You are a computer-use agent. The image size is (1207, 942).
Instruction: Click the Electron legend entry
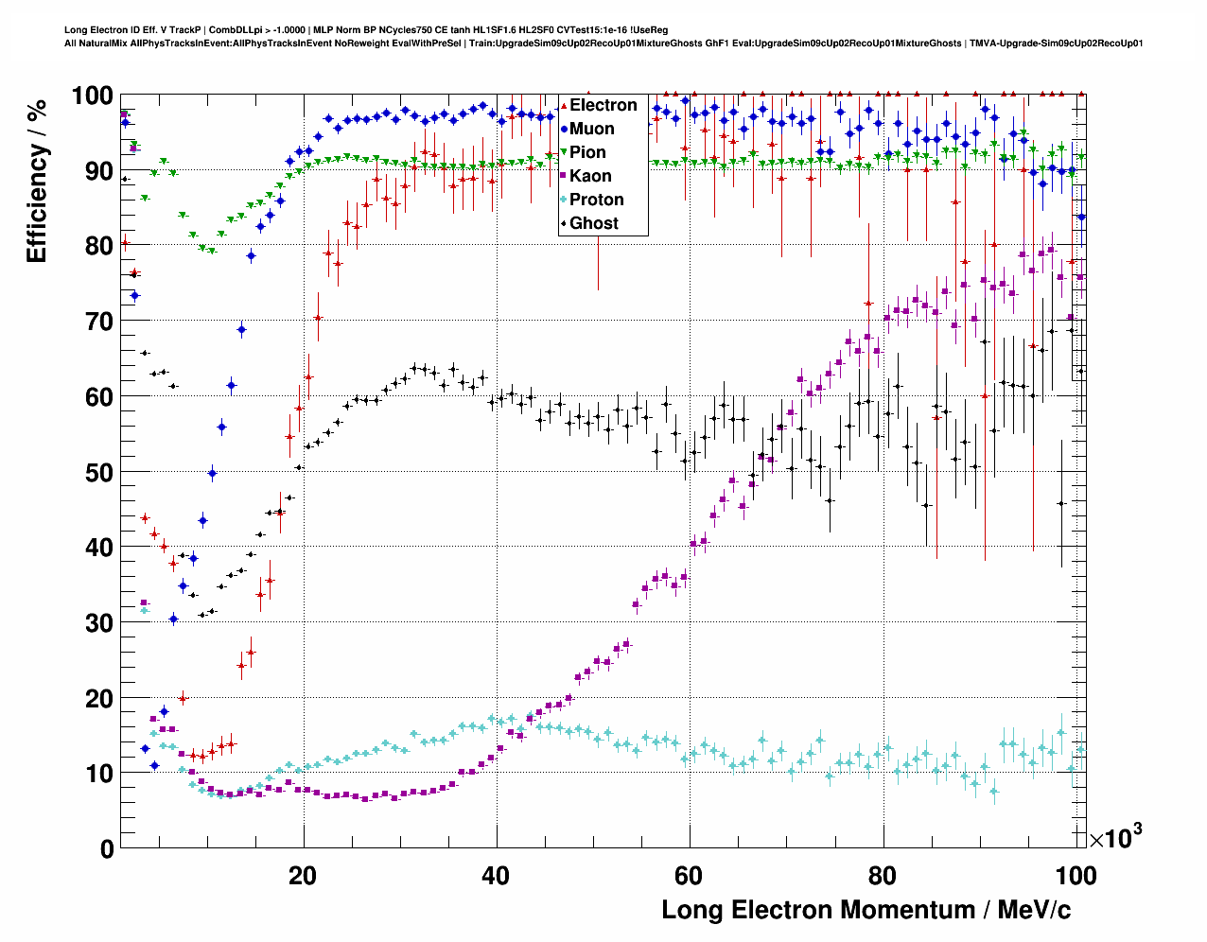603,105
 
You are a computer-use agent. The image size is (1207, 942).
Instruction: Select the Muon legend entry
591,129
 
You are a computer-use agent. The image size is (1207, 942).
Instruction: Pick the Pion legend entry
587,152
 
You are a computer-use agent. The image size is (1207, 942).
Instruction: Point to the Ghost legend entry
593,223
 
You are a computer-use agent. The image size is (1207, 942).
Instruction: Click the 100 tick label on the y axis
92,96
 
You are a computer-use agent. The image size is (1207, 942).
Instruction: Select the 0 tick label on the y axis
107,849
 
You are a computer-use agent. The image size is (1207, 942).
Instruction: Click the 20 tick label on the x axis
303,876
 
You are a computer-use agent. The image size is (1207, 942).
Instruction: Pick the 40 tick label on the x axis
496,876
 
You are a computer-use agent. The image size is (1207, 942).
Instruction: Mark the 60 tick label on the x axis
689,876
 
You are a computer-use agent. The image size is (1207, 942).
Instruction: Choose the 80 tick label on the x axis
882,876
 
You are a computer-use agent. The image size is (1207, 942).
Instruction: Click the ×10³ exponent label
1115,836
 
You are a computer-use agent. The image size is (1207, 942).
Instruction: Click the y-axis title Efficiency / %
37,181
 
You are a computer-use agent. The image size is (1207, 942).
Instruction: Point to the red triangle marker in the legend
565,105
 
